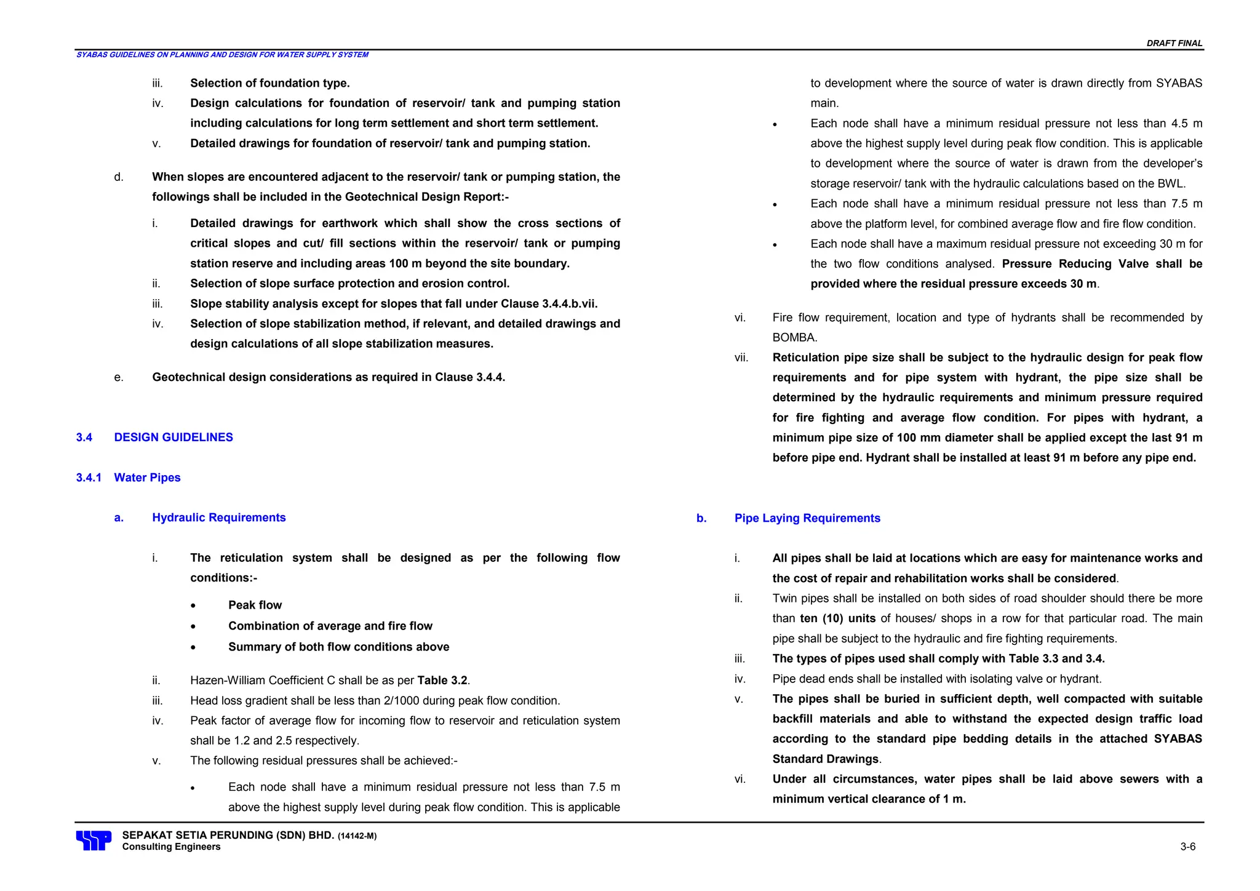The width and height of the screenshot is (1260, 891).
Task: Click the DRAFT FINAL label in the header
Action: (1174, 43)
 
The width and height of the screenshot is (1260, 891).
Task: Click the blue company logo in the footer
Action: (94, 841)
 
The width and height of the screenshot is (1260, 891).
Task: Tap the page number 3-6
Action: (1187, 847)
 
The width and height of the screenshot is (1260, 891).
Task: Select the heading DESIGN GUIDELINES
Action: (173, 438)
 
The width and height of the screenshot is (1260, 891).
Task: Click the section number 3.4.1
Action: (89, 477)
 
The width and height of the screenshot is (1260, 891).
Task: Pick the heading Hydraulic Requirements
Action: (219, 517)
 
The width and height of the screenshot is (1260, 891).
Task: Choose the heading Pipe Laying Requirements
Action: (807, 518)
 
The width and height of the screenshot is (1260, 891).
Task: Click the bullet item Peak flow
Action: (255, 605)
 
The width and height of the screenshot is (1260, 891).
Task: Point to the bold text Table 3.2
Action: (442, 680)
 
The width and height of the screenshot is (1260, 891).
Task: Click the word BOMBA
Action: (794, 337)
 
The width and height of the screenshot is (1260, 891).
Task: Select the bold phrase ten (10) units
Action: (838, 618)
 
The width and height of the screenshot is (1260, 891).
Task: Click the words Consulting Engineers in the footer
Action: (171, 847)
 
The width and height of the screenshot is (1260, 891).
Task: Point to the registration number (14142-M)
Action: (357, 836)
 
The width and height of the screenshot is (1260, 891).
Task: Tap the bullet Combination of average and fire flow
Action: (330, 626)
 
